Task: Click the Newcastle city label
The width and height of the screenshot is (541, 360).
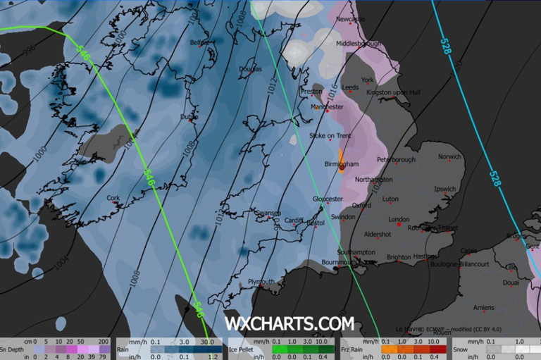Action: [351, 20]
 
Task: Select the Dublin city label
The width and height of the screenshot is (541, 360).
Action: [189, 116]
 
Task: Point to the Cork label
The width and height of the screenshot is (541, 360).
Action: [113, 199]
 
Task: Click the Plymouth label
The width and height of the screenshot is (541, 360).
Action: [262, 282]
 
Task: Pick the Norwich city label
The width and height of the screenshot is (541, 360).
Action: [449, 157]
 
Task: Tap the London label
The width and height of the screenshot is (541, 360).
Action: [399, 220]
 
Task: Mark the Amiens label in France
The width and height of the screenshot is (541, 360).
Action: [484, 307]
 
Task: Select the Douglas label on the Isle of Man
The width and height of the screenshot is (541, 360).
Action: [250, 69]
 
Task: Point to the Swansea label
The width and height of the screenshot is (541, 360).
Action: [268, 213]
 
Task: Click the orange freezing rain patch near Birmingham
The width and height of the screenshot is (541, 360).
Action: [341, 160]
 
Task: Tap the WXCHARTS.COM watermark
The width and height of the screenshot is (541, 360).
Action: [289, 323]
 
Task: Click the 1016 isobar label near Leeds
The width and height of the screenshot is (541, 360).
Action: [334, 91]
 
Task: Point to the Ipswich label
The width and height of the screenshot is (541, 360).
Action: [445, 189]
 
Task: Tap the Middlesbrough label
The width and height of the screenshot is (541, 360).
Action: [359, 44]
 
